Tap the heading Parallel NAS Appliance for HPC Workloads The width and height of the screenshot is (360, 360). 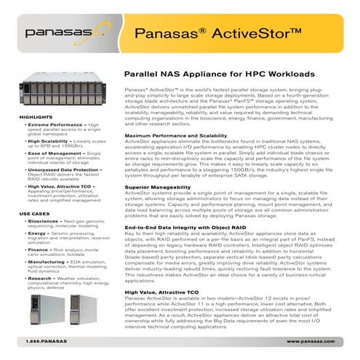[x=220, y=74]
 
